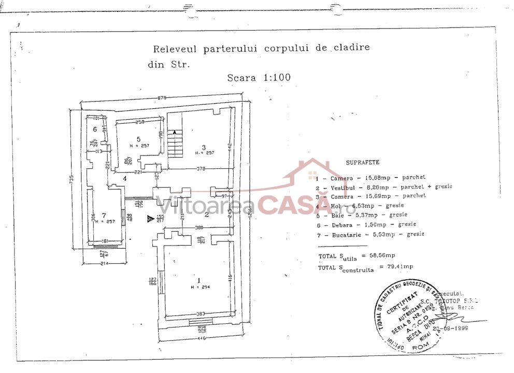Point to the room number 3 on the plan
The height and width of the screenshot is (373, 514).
pos(204,147)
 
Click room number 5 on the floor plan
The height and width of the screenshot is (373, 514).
pos(138,139)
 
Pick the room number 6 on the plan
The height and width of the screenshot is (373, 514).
pos(95,129)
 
